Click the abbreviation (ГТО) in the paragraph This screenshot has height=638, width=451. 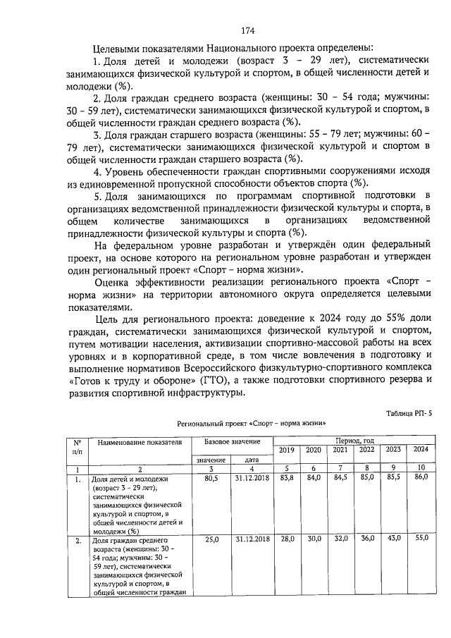[211, 380]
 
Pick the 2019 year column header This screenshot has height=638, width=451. [286, 450]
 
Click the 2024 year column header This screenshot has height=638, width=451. [420, 449]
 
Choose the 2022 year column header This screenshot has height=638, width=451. [366, 450]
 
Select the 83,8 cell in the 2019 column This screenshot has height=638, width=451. [286, 479]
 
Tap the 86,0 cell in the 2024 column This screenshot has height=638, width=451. [420, 478]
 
